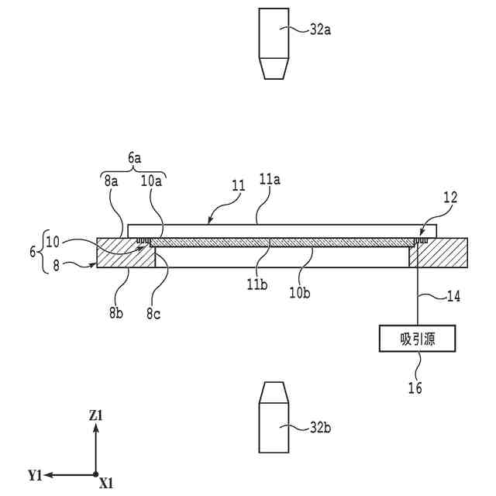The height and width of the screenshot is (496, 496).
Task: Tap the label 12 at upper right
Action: click(x=450, y=198)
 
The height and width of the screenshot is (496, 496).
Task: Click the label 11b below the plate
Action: click(x=257, y=284)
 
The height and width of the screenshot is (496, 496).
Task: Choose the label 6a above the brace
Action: click(x=134, y=156)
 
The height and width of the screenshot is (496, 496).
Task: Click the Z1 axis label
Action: click(x=96, y=416)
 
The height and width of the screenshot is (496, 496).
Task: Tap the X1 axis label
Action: click(x=107, y=484)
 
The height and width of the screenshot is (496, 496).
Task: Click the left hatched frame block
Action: click(x=124, y=254)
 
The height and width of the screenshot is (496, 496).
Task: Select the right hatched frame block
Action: click(x=442, y=254)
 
